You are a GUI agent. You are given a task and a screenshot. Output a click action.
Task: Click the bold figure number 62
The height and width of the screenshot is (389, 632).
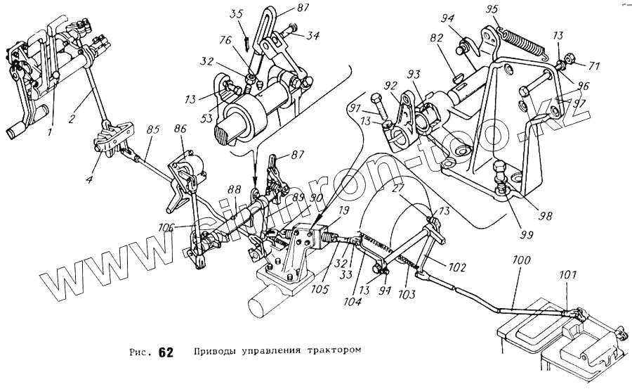point(166,352)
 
